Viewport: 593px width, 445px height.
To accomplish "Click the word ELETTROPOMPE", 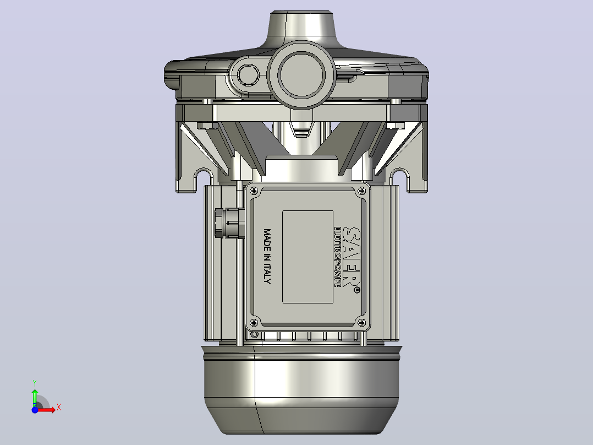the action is click(x=337, y=257).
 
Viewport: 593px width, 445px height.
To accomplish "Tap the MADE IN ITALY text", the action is click(x=267, y=256).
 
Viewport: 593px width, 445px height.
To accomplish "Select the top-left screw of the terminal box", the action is click(x=254, y=191).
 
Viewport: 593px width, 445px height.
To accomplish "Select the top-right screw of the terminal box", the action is click(x=361, y=191).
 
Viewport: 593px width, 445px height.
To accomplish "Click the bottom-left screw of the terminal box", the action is click(x=254, y=323).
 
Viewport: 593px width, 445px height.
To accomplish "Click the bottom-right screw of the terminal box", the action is click(x=361, y=323).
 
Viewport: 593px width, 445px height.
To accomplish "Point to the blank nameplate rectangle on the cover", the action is click(x=308, y=257).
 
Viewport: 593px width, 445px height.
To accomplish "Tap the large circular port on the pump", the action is click(x=301, y=74).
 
